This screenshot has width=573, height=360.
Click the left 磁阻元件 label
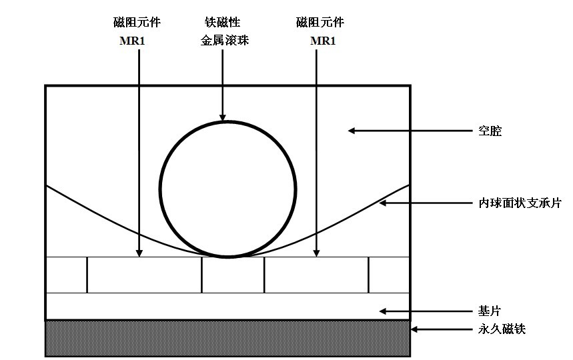[x=137, y=23]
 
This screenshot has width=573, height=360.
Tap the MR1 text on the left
[x=137, y=41]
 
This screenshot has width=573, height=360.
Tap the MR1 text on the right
[x=323, y=41]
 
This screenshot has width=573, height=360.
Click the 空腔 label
[x=490, y=132]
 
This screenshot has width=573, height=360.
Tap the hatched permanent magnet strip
[x=227, y=337]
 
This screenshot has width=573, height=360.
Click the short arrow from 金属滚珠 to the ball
[x=223, y=87]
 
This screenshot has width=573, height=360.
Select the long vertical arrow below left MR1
[x=139, y=153]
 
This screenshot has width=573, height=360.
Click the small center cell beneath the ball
[x=233, y=275]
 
